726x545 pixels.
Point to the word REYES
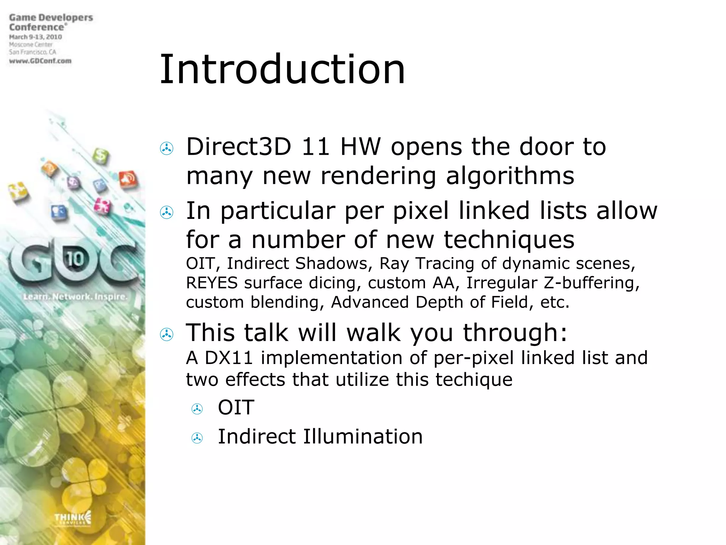pyautogui.click(x=212, y=283)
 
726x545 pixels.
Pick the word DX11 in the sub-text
pyautogui.click(x=229, y=358)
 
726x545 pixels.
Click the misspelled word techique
pyautogui.click(x=474, y=380)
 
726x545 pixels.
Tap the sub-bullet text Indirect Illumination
pyautogui.click(x=320, y=436)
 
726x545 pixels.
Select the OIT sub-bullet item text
pyautogui.click(x=236, y=407)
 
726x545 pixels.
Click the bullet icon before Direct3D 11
pyautogui.click(x=167, y=148)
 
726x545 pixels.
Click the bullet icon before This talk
pyautogui.click(x=167, y=334)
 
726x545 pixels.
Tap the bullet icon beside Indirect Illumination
pyautogui.click(x=197, y=438)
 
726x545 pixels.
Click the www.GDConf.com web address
pyautogui.click(x=40, y=61)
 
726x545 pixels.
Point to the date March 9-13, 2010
pyautogui.click(x=35, y=37)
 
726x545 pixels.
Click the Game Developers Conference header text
pyautogui.click(x=51, y=22)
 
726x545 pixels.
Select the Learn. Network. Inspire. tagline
pyautogui.click(x=75, y=297)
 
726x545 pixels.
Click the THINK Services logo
pyautogui.click(x=73, y=519)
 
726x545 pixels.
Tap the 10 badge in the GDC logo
pyautogui.click(x=75, y=259)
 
